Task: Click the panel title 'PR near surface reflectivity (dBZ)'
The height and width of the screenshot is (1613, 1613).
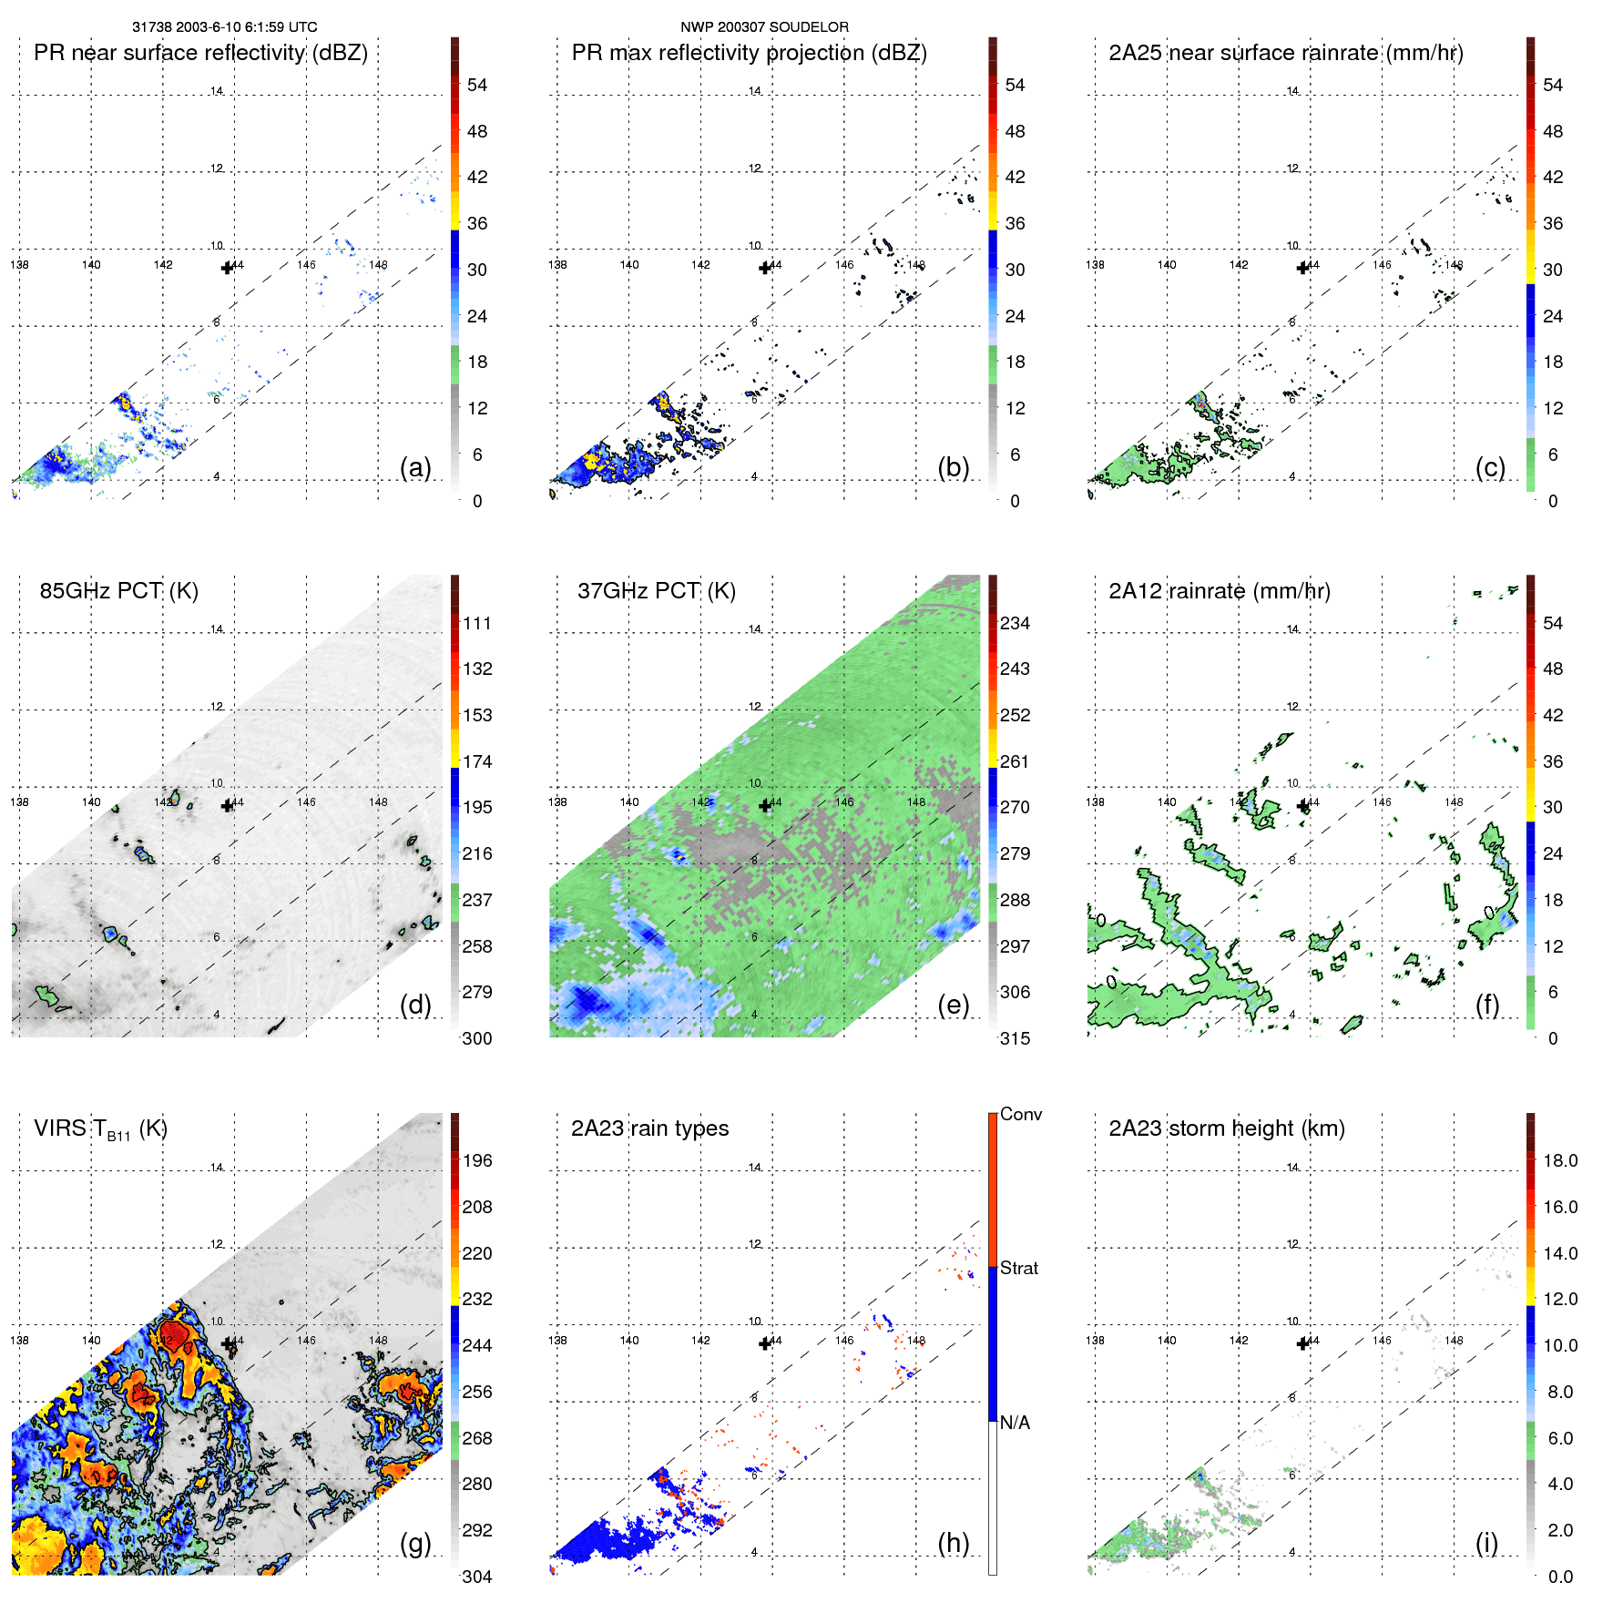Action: point(200,53)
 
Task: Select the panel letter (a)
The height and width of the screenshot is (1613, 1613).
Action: point(415,467)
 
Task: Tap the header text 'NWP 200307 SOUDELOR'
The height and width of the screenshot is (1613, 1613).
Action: point(764,27)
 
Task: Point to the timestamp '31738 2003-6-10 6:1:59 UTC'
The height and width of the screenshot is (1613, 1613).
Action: point(225,27)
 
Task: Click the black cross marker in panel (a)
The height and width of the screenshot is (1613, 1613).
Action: point(228,267)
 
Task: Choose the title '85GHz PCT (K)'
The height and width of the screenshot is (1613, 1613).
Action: point(118,591)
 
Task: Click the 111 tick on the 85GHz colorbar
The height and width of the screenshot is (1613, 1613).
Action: point(477,624)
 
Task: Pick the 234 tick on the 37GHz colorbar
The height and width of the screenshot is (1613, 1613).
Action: point(1015,624)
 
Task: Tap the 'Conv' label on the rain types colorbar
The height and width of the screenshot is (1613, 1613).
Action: point(1021,1115)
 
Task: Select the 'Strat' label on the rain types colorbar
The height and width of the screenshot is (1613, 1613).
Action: point(1019,1269)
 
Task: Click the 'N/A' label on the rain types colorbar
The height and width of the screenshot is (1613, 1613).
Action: point(1015,1423)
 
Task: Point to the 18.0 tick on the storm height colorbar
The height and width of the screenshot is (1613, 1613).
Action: point(1560,1161)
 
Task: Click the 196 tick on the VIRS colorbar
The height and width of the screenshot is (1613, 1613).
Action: point(477,1161)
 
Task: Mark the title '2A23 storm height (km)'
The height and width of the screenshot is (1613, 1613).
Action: point(1226,1128)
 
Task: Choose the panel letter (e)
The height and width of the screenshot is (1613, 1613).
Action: point(953,1005)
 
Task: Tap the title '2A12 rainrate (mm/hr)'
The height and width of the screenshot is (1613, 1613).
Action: point(1219,591)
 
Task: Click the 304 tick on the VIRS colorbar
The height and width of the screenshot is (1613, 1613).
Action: point(477,1577)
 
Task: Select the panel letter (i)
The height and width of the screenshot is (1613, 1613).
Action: point(1486,1543)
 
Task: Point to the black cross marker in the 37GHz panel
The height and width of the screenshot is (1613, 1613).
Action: point(765,805)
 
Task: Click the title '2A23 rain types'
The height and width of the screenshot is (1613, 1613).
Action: point(649,1128)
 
